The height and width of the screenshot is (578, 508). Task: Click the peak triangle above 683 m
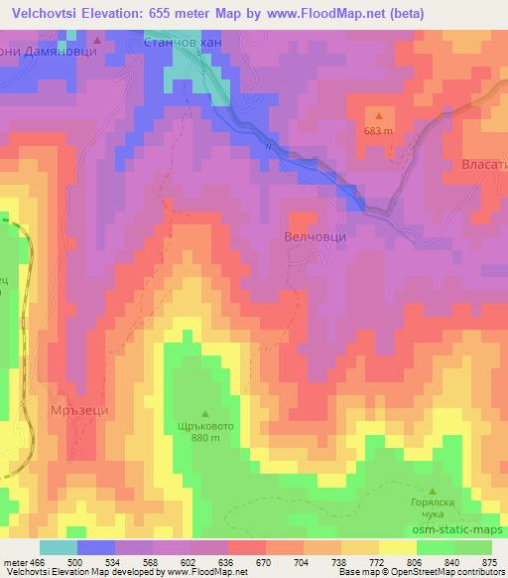(x=378, y=115)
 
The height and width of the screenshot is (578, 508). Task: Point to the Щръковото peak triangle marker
(x=206, y=413)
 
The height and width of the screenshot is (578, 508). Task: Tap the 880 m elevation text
(x=206, y=440)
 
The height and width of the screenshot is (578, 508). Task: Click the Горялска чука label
(x=434, y=508)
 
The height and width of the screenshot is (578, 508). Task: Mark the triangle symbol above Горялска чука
(x=434, y=491)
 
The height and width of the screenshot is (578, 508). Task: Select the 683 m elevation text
(x=378, y=130)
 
